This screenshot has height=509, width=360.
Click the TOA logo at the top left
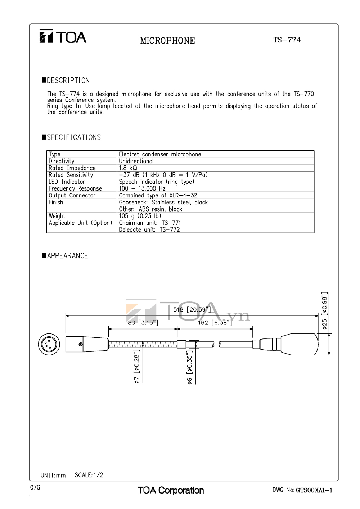coord(63,37)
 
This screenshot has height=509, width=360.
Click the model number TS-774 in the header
coord(287,40)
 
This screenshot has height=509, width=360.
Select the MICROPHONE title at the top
coord(167,41)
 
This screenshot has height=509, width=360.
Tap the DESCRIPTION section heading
coord(68,81)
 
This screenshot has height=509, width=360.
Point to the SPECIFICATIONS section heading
coord(73,137)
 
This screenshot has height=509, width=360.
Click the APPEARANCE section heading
coord(67,256)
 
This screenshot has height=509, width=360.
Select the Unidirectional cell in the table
coord(136,161)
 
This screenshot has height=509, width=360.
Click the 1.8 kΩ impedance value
coord(128,168)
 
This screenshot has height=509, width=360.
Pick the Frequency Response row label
coord(75,188)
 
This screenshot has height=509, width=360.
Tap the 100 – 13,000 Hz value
coord(142,188)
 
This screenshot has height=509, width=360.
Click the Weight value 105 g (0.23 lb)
coord(140,216)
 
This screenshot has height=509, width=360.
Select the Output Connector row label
coord(72,195)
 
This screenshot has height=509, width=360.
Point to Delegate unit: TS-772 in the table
coord(149,229)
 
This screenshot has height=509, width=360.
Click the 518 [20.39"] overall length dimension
coord(192,310)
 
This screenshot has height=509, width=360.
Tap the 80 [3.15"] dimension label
coord(143,323)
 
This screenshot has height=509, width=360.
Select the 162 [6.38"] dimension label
coord(215,323)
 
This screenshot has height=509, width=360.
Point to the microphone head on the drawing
coord(300,344)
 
